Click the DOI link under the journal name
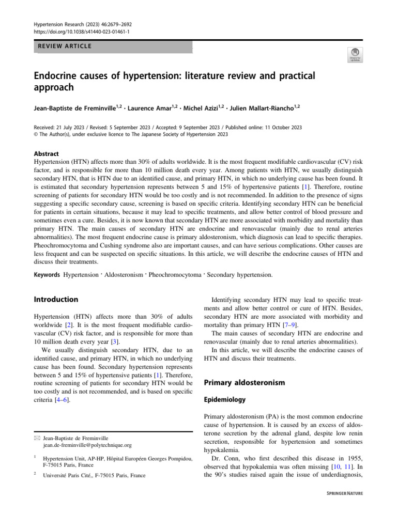[82, 32]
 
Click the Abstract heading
[46, 154]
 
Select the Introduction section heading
[56, 299]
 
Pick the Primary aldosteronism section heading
[245, 383]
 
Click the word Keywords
[47, 274]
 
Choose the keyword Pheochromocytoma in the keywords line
[175, 274]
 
